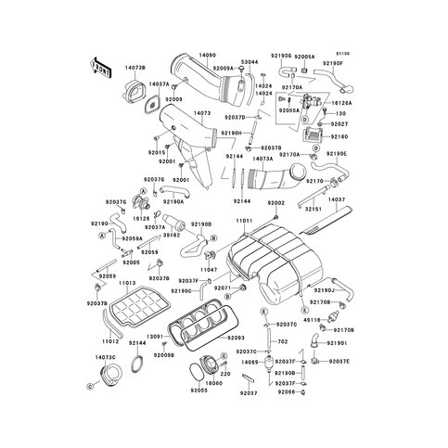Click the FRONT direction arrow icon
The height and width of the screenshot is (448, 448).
tap(100, 68)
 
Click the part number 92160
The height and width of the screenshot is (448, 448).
tap(339, 135)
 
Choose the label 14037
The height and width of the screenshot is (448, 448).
tap(337, 199)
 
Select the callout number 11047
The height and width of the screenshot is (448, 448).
tap(211, 268)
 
